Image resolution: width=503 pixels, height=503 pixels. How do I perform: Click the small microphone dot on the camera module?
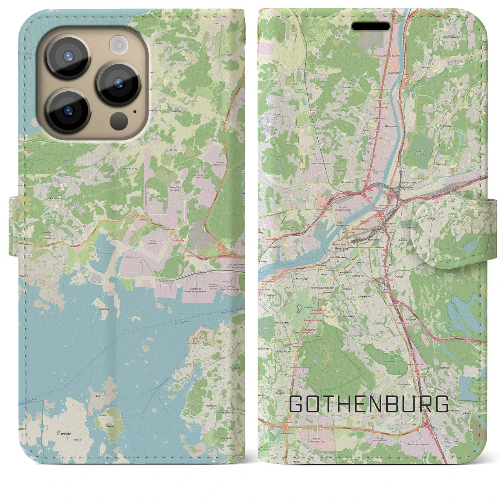135,111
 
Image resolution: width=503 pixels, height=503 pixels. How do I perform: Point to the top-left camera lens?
68,56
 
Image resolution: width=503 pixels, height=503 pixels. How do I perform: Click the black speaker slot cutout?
371,26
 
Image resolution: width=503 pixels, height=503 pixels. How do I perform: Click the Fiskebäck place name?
211,405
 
